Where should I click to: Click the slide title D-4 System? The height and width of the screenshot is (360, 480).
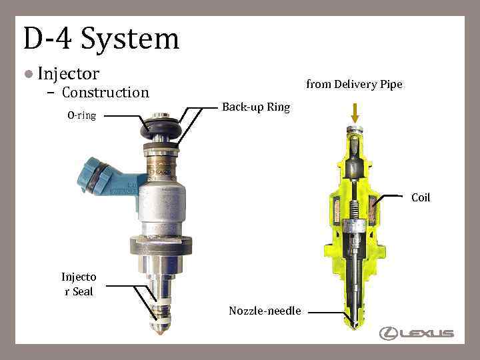101,39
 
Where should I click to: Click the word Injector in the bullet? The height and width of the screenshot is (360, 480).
69,73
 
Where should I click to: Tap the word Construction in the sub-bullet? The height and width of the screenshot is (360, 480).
105,93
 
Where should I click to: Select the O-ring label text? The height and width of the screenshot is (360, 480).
81,115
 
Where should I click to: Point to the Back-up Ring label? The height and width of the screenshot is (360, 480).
256,107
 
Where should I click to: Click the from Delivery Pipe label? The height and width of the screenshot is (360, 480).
354,84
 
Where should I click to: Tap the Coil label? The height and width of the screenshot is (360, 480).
421,197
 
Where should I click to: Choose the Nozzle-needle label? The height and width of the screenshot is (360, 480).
265,311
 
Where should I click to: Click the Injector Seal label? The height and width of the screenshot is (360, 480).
79,285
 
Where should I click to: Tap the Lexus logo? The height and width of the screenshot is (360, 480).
417,333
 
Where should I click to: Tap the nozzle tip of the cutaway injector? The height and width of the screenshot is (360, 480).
355,325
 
